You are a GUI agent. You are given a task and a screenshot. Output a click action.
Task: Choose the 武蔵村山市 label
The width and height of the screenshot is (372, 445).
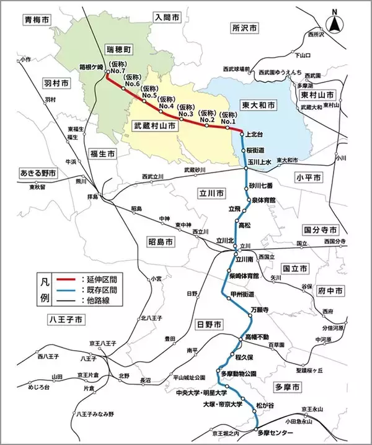155,125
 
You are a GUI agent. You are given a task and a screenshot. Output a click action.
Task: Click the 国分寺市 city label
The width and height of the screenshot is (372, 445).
321,229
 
